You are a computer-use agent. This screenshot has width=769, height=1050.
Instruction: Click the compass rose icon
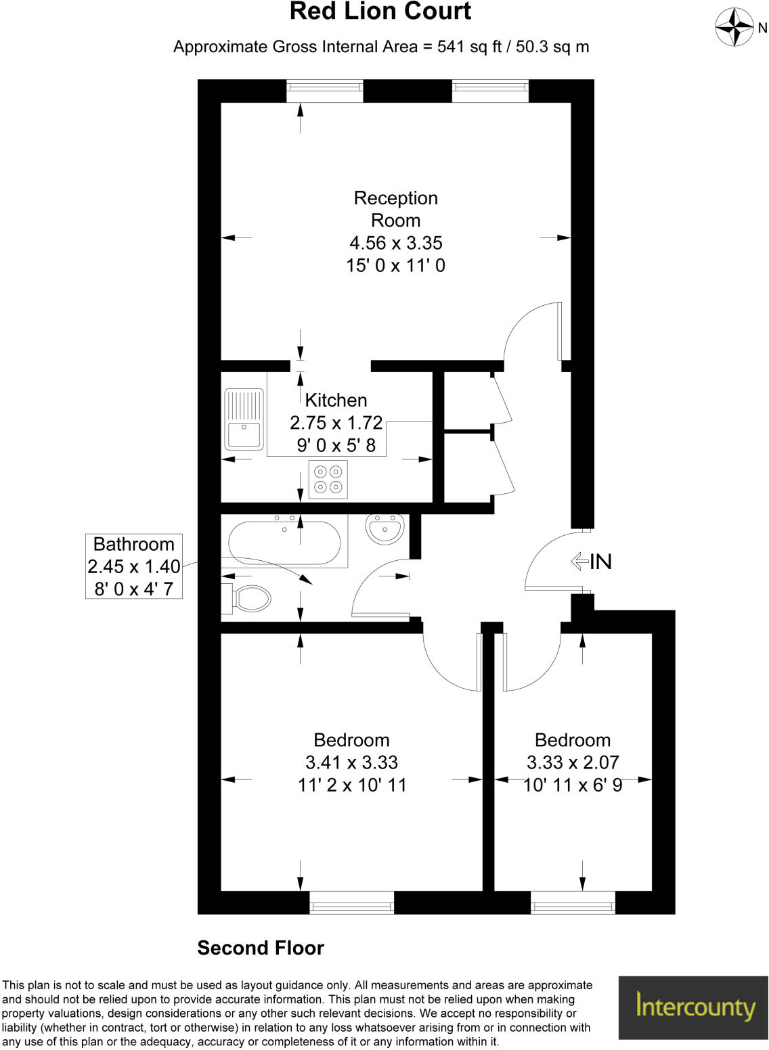(734, 28)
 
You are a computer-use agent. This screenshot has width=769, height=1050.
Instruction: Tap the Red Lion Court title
(380, 12)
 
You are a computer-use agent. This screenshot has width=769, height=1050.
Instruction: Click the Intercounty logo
(693, 1007)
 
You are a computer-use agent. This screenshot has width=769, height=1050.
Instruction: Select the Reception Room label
(396, 209)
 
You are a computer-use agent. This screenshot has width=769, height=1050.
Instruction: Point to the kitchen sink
(244, 419)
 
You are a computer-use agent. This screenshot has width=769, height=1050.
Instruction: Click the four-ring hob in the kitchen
(328, 479)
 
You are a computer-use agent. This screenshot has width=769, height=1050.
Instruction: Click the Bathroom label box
(134, 566)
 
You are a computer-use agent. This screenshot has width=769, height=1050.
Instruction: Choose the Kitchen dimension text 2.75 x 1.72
(336, 423)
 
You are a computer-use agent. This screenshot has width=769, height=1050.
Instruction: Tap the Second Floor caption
(261, 948)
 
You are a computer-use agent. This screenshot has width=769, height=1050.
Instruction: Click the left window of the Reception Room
(325, 91)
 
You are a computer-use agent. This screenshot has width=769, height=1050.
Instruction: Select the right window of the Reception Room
(490, 91)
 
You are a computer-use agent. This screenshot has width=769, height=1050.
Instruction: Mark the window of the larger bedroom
(351, 903)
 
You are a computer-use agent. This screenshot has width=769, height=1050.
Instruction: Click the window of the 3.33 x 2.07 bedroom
(573, 903)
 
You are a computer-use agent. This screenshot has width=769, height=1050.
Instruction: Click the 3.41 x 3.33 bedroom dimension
(352, 762)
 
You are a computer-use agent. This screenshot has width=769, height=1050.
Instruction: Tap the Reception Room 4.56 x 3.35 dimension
(396, 243)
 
